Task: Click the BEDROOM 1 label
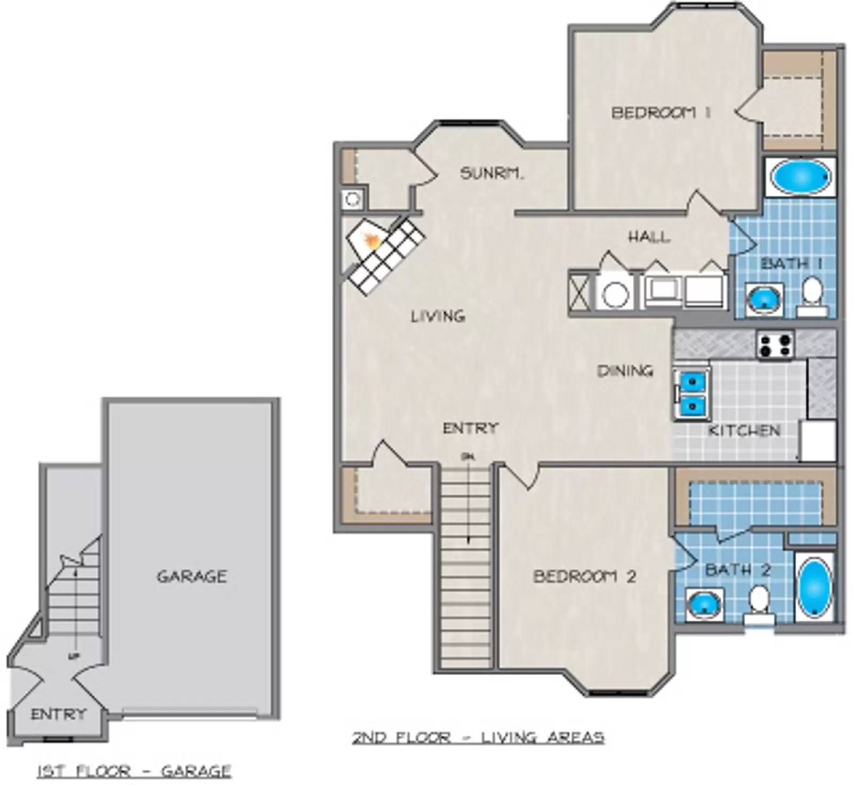coord(661,113)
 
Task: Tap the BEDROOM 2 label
coord(585,576)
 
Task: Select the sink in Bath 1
coord(764,300)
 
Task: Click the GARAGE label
coord(192,576)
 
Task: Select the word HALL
coord(649,236)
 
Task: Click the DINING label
coord(625,371)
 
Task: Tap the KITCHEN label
coord(744,430)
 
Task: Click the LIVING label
coord(438,316)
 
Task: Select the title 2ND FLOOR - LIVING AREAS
coord(478,738)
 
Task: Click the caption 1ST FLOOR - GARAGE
coord(134,771)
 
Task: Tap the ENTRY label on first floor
coord(58,714)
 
